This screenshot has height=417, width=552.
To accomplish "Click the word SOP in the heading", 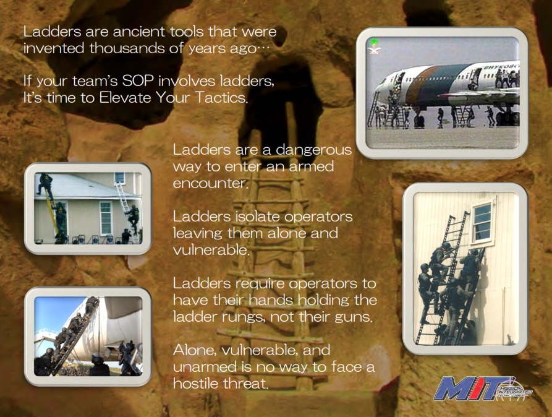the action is click(138, 81).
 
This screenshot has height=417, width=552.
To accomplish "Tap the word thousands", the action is click(126, 48).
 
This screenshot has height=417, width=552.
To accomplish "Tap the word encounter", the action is click(210, 183).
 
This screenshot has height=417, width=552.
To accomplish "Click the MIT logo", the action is click(482, 389).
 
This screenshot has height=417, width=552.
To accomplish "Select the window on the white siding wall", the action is click(482, 223).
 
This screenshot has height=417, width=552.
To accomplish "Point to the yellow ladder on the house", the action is click(52, 211).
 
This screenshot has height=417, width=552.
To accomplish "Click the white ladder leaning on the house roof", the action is click(125, 208).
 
